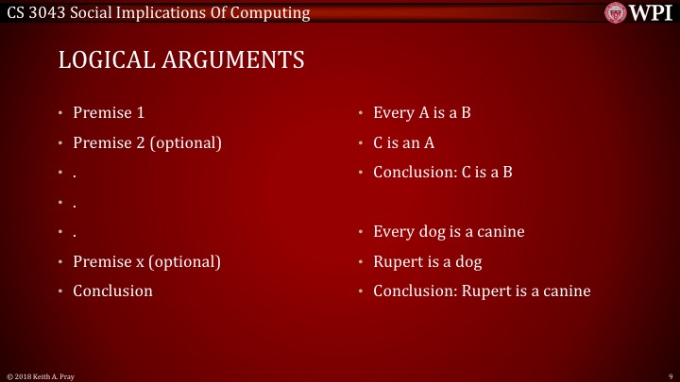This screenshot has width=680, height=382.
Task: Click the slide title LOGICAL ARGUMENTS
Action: (x=181, y=60)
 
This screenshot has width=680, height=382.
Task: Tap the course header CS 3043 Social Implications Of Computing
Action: (x=158, y=12)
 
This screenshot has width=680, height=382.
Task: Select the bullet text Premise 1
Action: (x=109, y=113)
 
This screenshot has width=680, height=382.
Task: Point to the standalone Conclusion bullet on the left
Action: (x=112, y=291)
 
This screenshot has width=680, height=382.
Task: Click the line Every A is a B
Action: (x=422, y=113)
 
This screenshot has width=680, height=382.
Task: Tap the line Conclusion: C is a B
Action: (x=442, y=173)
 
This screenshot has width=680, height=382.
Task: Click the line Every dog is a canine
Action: (x=449, y=232)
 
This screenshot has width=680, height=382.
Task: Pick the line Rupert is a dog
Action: (x=428, y=261)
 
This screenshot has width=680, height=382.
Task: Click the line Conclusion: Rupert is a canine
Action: (x=482, y=291)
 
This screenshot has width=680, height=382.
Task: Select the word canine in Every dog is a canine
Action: (x=500, y=232)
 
